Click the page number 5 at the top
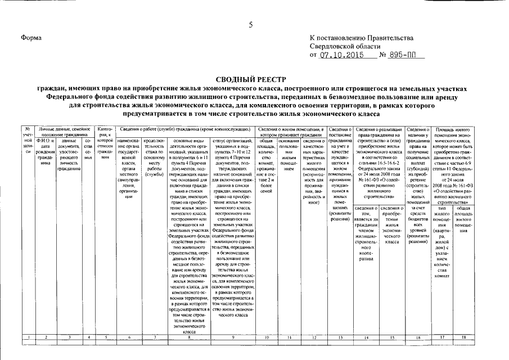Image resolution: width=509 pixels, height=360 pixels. (251, 24)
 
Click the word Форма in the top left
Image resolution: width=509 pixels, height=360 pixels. (31, 38)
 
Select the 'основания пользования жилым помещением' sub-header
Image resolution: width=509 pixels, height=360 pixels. (288, 152)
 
